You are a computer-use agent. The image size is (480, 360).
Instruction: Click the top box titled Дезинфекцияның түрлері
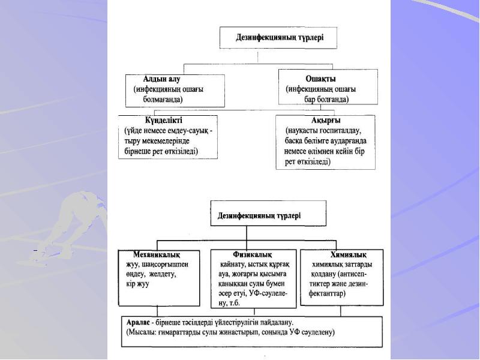pos(279,38)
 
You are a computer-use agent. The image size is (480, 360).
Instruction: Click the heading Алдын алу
pos(161,79)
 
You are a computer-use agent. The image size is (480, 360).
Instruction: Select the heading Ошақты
pos(321,79)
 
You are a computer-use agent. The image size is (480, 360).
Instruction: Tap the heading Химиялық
pos(349,254)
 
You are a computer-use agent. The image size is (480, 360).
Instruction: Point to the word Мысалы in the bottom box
pos(143,332)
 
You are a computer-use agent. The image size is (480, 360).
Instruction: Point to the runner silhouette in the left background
pos(72,210)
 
